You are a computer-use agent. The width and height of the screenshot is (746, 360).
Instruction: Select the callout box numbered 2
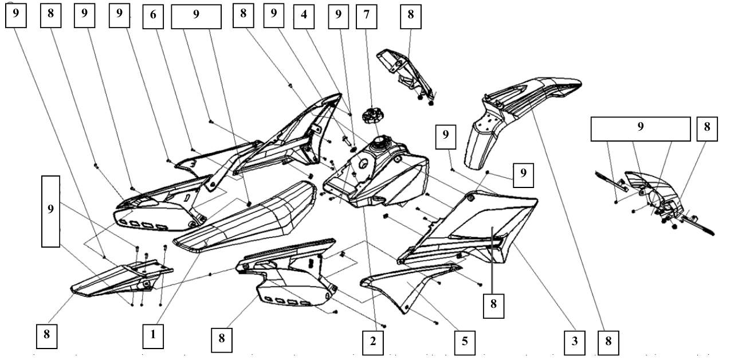tap(373, 341)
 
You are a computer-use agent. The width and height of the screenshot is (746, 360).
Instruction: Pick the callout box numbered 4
tap(304, 15)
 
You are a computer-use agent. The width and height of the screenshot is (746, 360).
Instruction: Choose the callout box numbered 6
tap(153, 15)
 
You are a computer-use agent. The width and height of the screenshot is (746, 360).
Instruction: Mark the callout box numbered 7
tap(366, 15)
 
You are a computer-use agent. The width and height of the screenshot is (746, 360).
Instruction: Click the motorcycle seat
tap(246, 218)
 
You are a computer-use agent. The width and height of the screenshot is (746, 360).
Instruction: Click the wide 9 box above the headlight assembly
tap(641, 128)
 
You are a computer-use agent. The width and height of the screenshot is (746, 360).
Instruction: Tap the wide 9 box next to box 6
tap(196, 15)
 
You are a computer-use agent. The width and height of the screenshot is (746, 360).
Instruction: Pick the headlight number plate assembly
tap(659, 195)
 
